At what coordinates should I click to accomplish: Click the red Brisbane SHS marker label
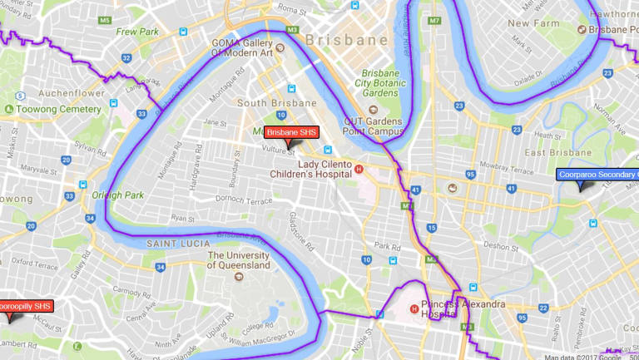[x=291, y=132]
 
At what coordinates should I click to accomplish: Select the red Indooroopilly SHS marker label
[x=25, y=306]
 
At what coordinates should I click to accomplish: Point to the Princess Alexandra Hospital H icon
[x=413, y=310]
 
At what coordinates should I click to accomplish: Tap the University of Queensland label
[x=239, y=260]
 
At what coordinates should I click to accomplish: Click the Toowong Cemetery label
[x=52, y=108]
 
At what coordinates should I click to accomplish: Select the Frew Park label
[x=137, y=32]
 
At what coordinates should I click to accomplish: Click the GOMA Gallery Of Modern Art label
[x=240, y=47]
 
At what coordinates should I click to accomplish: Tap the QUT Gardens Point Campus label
[x=374, y=126]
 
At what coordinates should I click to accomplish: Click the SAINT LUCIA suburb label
[x=171, y=243]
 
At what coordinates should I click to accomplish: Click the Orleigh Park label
[x=118, y=195]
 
